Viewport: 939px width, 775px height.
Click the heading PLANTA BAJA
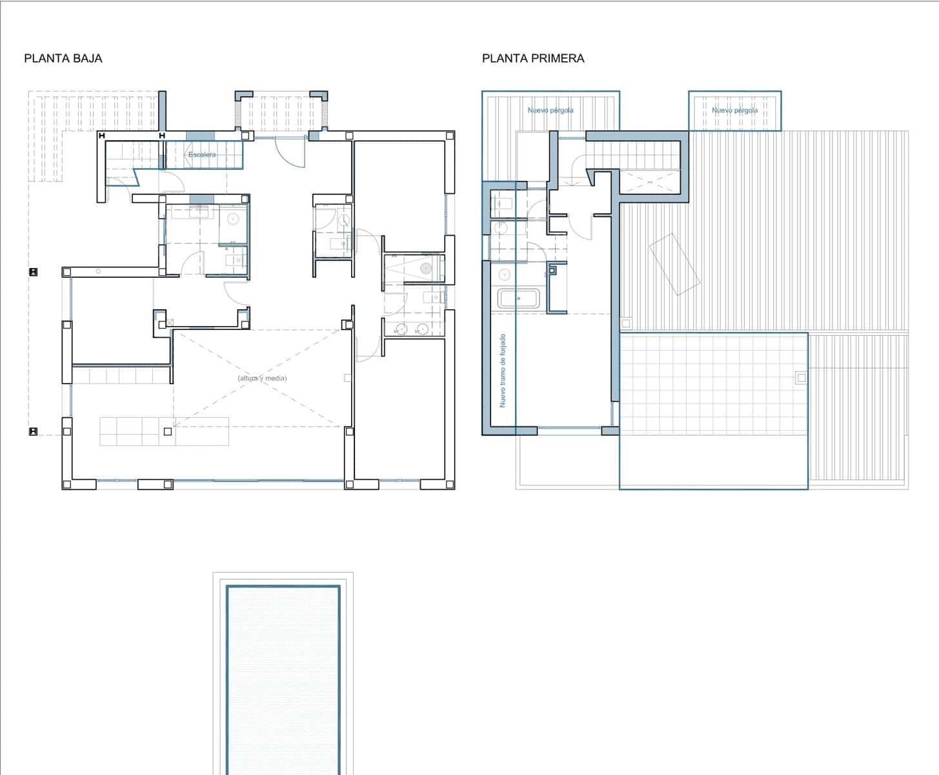click(x=63, y=58)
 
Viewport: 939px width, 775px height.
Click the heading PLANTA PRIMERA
click(x=532, y=58)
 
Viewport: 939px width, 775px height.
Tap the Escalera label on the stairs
click(x=202, y=155)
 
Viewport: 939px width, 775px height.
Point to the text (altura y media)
click(x=261, y=378)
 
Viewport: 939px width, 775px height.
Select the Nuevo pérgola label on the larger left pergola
click(x=550, y=110)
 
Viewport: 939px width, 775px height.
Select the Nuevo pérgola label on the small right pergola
click(x=734, y=110)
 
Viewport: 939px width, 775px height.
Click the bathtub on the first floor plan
click(x=519, y=299)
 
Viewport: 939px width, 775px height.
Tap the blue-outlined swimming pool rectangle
click(x=283, y=678)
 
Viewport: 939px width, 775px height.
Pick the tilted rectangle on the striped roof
click(x=674, y=264)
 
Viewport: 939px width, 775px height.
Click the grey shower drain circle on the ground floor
click(x=425, y=267)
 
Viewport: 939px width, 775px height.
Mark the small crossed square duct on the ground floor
click(x=170, y=322)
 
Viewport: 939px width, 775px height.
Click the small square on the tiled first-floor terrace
click(x=801, y=378)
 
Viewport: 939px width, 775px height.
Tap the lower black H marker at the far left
click(x=33, y=431)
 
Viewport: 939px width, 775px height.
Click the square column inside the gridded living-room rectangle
click(x=168, y=431)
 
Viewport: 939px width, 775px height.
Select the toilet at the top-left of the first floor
click(x=501, y=205)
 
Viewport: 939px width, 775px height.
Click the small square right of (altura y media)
click(x=347, y=378)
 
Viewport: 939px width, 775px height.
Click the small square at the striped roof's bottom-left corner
click(x=625, y=323)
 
